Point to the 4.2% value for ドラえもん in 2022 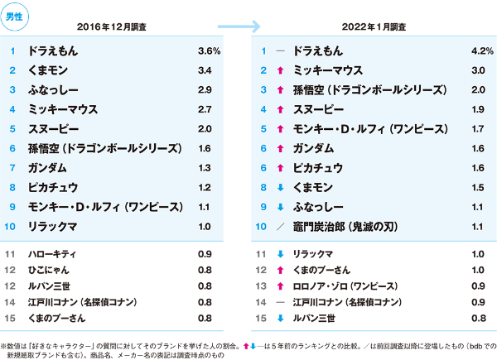458,51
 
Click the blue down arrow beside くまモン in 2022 281,186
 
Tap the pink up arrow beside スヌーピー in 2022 281,109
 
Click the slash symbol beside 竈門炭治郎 281,225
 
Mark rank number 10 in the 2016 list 12,225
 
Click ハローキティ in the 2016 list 51,253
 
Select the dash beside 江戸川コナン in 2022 281,301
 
